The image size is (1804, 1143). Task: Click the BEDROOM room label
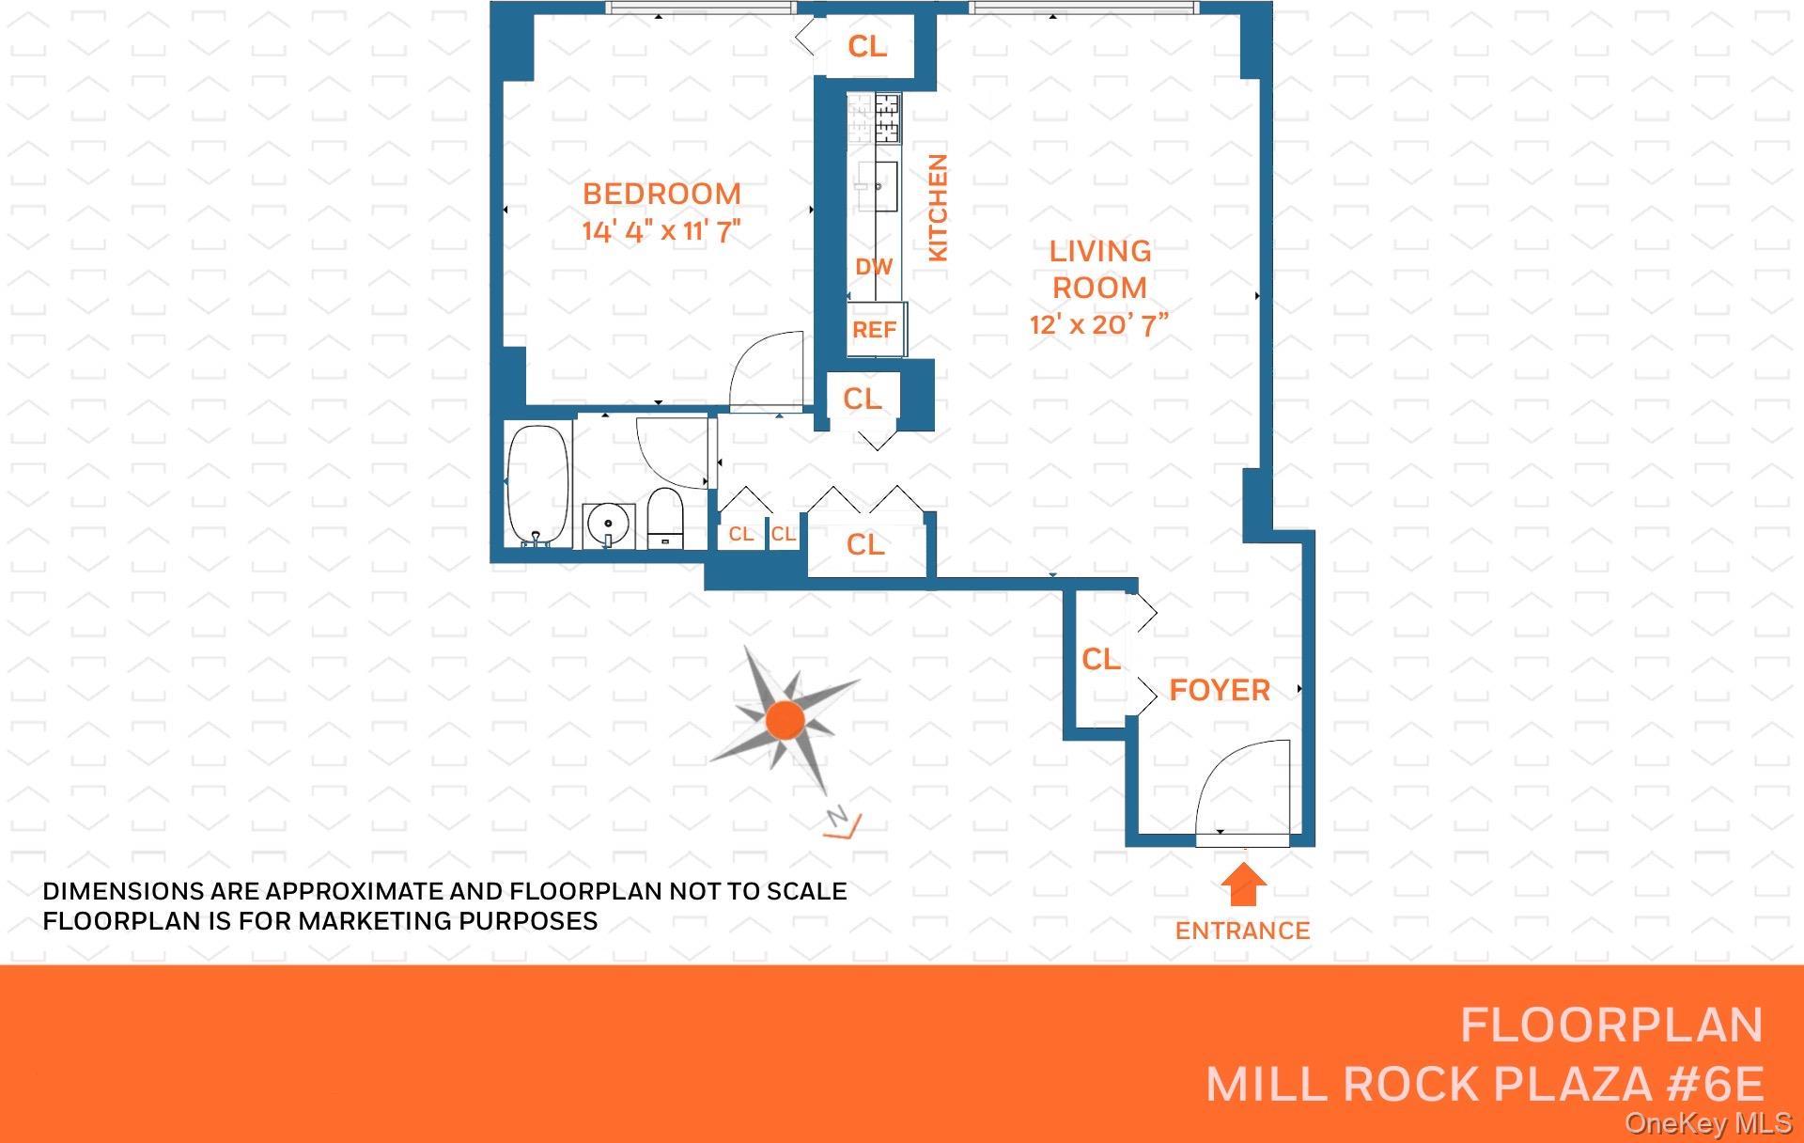[661, 194]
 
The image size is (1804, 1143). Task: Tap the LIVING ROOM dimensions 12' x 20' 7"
[1098, 325]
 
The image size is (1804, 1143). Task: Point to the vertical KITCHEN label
[938, 208]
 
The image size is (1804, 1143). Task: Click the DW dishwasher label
[873, 267]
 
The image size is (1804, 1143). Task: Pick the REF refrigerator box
[875, 330]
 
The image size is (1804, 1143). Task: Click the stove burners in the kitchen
[887, 117]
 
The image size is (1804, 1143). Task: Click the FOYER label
[1219, 691]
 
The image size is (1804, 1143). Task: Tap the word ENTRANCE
[1242, 932]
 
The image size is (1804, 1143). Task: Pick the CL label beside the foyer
[1100, 660]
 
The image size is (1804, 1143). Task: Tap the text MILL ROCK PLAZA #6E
[1485, 1085]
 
